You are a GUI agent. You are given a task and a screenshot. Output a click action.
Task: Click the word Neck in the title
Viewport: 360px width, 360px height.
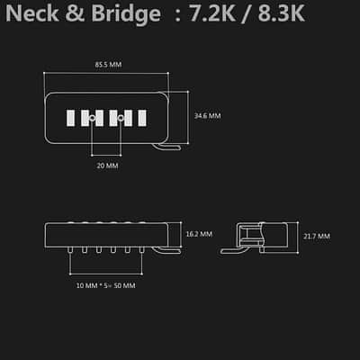[32, 13]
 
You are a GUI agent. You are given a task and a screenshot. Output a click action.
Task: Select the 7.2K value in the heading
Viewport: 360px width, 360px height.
[211, 13]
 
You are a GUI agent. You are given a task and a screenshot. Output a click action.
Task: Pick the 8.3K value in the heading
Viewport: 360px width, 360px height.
[281, 13]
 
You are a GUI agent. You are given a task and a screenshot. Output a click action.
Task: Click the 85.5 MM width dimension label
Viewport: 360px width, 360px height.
[108, 65]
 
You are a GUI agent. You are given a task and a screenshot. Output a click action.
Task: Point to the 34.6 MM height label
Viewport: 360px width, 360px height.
[207, 116]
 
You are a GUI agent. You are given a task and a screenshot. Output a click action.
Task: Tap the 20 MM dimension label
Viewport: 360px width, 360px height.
[107, 166]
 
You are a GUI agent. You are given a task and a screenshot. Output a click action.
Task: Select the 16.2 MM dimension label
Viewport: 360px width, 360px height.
[199, 234]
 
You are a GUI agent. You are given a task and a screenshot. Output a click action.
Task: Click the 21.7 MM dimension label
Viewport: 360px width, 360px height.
[317, 237]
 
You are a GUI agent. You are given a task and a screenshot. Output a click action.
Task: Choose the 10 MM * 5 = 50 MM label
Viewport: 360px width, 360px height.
[105, 285]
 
